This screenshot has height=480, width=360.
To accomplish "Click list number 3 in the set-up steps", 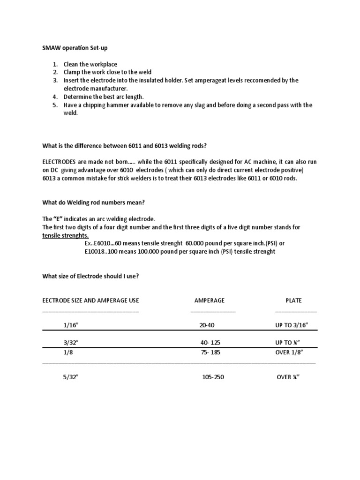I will point(54,80).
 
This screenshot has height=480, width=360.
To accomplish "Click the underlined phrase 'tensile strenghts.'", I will point(65,235).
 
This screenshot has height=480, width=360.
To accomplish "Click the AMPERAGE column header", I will point(209,300).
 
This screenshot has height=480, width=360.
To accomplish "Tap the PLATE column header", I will point(294,300).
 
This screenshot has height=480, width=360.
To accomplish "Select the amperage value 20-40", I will point(207,325).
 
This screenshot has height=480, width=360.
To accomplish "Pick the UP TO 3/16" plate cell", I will point(292,325).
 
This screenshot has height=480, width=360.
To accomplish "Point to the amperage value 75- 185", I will point(210,352).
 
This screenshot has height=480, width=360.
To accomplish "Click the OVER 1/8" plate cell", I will point(289,352).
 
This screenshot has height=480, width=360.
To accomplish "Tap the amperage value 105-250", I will point(213,377).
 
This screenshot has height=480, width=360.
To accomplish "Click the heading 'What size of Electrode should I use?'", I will point(90,276).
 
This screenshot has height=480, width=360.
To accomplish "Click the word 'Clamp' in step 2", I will point(72,72).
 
